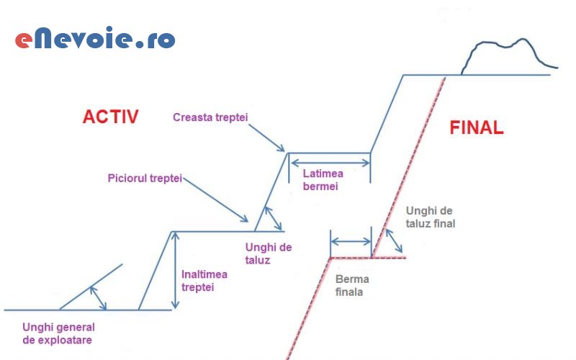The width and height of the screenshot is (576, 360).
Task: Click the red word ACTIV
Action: (x=110, y=117)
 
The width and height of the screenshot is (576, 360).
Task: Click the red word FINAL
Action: (x=476, y=128)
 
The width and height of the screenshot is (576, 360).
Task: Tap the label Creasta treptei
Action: (x=215, y=117)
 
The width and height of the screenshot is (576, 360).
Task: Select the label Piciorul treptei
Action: (x=144, y=178)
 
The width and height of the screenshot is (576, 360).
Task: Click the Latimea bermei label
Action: (x=323, y=180)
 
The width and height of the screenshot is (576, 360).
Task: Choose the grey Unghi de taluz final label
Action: (x=431, y=217)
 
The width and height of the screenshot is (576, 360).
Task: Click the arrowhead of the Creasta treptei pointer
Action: (x=284, y=150)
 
